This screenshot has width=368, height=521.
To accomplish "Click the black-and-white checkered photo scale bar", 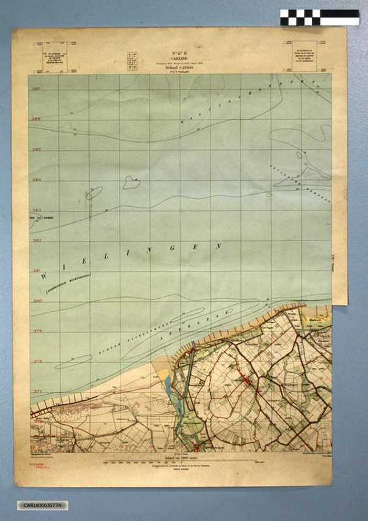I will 319,17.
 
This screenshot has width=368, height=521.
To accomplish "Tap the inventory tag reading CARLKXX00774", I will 42,505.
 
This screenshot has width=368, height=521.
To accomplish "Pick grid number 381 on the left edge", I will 36,271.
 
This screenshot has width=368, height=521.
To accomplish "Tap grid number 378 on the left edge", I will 36,362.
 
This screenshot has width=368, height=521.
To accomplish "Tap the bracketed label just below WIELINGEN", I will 68,283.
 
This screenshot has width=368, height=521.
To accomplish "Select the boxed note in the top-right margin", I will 305,56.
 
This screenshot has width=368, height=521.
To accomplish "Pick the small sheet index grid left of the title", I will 132,61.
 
